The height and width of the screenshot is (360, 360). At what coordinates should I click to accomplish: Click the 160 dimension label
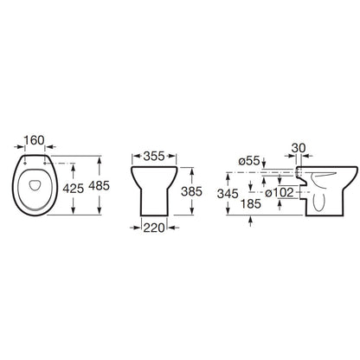(x=34, y=140)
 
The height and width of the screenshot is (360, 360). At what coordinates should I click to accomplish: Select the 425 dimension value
(x=74, y=189)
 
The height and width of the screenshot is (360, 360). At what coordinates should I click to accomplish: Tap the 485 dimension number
(x=99, y=186)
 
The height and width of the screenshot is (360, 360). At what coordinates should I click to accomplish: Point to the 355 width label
(x=154, y=156)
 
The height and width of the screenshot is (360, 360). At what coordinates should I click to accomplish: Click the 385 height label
(x=191, y=191)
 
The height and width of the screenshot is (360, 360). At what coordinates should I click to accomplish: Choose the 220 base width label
(x=154, y=228)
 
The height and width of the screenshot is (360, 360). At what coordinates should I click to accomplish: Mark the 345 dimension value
(x=228, y=194)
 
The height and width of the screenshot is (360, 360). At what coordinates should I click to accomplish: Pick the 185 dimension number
(x=251, y=204)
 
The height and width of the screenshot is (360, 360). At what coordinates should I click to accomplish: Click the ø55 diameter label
(x=249, y=161)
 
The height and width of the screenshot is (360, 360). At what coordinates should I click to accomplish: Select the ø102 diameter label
(x=280, y=193)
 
